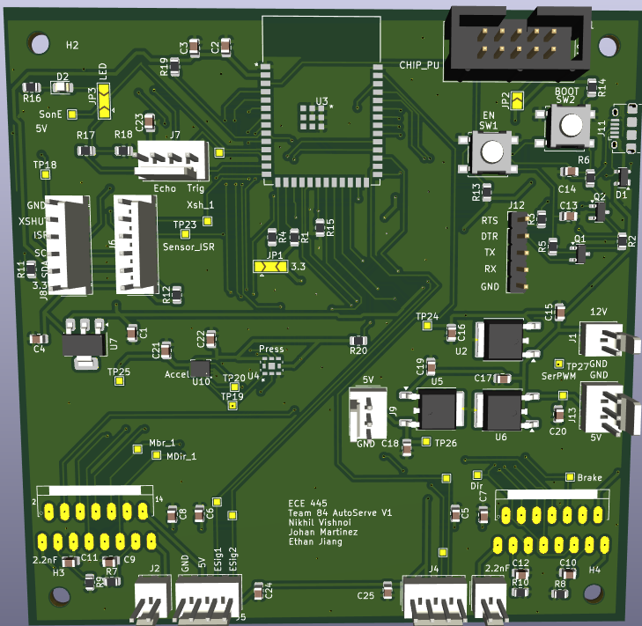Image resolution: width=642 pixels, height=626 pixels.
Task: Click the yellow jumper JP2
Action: point(517,102)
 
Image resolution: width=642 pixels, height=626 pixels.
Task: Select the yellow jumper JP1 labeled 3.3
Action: point(269,266)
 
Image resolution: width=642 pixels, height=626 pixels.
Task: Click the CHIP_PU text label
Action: point(418,64)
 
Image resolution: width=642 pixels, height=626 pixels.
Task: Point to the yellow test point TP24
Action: point(427,326)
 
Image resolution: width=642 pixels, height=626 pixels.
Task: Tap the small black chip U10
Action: point(201,369)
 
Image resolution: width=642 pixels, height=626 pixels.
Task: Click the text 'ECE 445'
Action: point(307,503)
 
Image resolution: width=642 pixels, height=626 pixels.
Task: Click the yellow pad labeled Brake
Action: point(570,476)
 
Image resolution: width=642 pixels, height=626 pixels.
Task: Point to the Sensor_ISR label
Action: point(188,247)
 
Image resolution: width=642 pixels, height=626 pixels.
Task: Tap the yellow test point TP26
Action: point(426,441)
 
